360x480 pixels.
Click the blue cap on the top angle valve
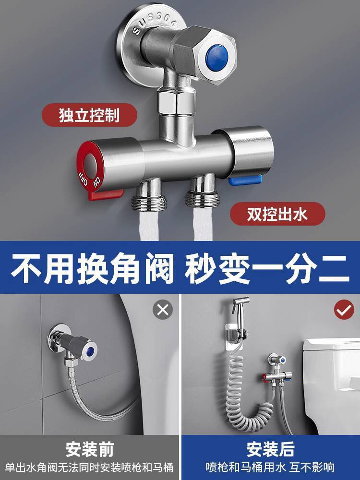(217, 55)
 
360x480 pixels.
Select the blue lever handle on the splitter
(245, 180)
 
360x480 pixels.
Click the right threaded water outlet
(202, 191)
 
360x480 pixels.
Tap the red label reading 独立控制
(89, 115)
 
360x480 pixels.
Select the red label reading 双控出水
(277, 214)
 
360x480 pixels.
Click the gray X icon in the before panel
(163, 310)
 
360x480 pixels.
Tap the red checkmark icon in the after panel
(344, 310)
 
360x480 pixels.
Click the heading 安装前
(90, 449)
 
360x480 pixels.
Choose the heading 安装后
(270, 449)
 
